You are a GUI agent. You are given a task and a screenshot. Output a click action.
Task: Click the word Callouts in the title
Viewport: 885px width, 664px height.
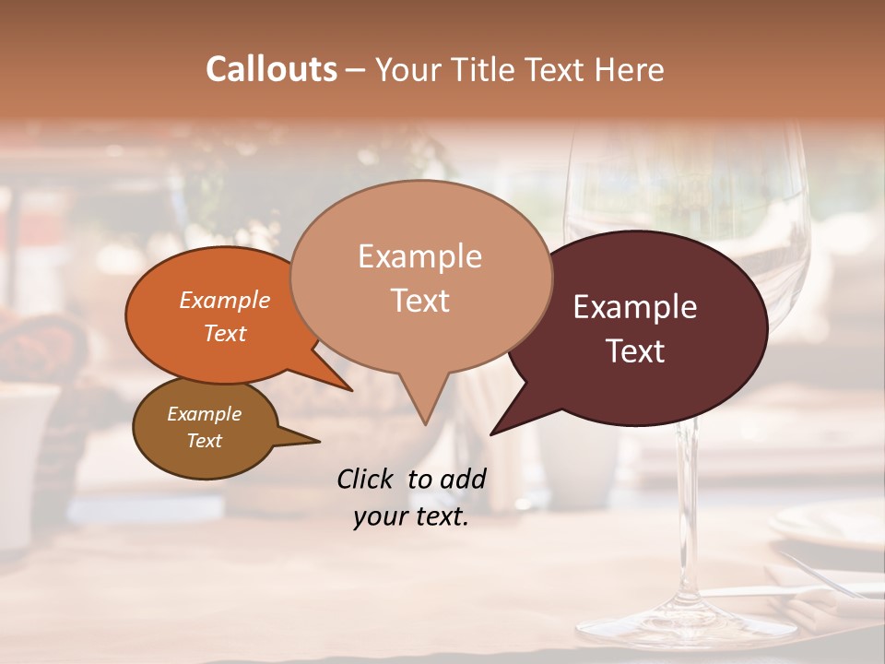coord(271,69)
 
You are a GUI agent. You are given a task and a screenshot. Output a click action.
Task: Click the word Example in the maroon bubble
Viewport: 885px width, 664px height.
coord(635,307)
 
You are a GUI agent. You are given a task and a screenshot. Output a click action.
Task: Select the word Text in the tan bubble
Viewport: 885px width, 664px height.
coord(420,301)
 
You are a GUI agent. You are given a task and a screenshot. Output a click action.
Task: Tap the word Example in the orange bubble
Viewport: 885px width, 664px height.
coord(225,300)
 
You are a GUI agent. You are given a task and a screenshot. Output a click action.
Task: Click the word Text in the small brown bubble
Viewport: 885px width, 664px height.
coord(205,441)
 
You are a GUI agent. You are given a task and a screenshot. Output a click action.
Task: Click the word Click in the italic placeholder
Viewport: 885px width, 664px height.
coord(367,479)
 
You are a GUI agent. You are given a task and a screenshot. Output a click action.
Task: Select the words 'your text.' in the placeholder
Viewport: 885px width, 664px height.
coord(411,517)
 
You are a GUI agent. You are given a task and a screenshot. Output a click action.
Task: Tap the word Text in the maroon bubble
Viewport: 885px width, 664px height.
coord(635,350)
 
